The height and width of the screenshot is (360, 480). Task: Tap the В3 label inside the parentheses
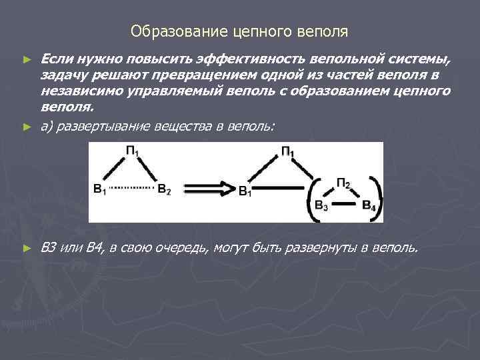[321, 205]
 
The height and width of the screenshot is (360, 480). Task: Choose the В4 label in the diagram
[369, 205]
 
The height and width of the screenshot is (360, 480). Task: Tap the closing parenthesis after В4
[379, 197]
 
